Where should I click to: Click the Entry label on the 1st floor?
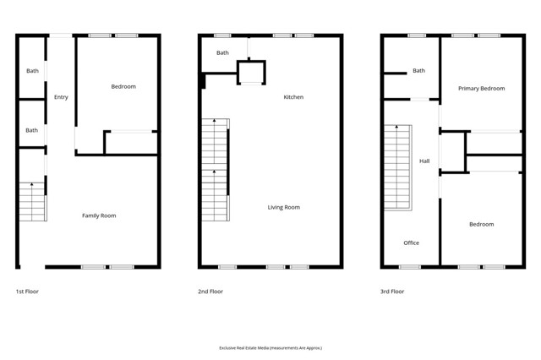tap(61, 97)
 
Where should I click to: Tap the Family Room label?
tap(99, 215)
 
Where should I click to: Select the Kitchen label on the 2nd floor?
tap(293, 97)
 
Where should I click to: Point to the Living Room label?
tap(284, 207)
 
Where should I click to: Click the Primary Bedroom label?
tap(481, 88)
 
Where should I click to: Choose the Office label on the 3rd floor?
tap(411, 243)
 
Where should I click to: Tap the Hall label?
tap(424, 161)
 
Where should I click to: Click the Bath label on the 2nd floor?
tap(222, 53)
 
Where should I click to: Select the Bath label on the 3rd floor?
tap(418, 70)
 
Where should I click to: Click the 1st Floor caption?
tap(27, 292)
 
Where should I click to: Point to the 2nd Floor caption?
tap(210, 292)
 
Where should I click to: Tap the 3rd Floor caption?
tap(392, 292)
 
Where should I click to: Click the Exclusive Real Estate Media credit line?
tap(270, 347)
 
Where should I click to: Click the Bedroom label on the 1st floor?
tap(123, 86)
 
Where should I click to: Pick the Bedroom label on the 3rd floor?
tap(481, 224)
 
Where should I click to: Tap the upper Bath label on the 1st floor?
tap(32, 71)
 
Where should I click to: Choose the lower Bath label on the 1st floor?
tap(32, 130)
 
